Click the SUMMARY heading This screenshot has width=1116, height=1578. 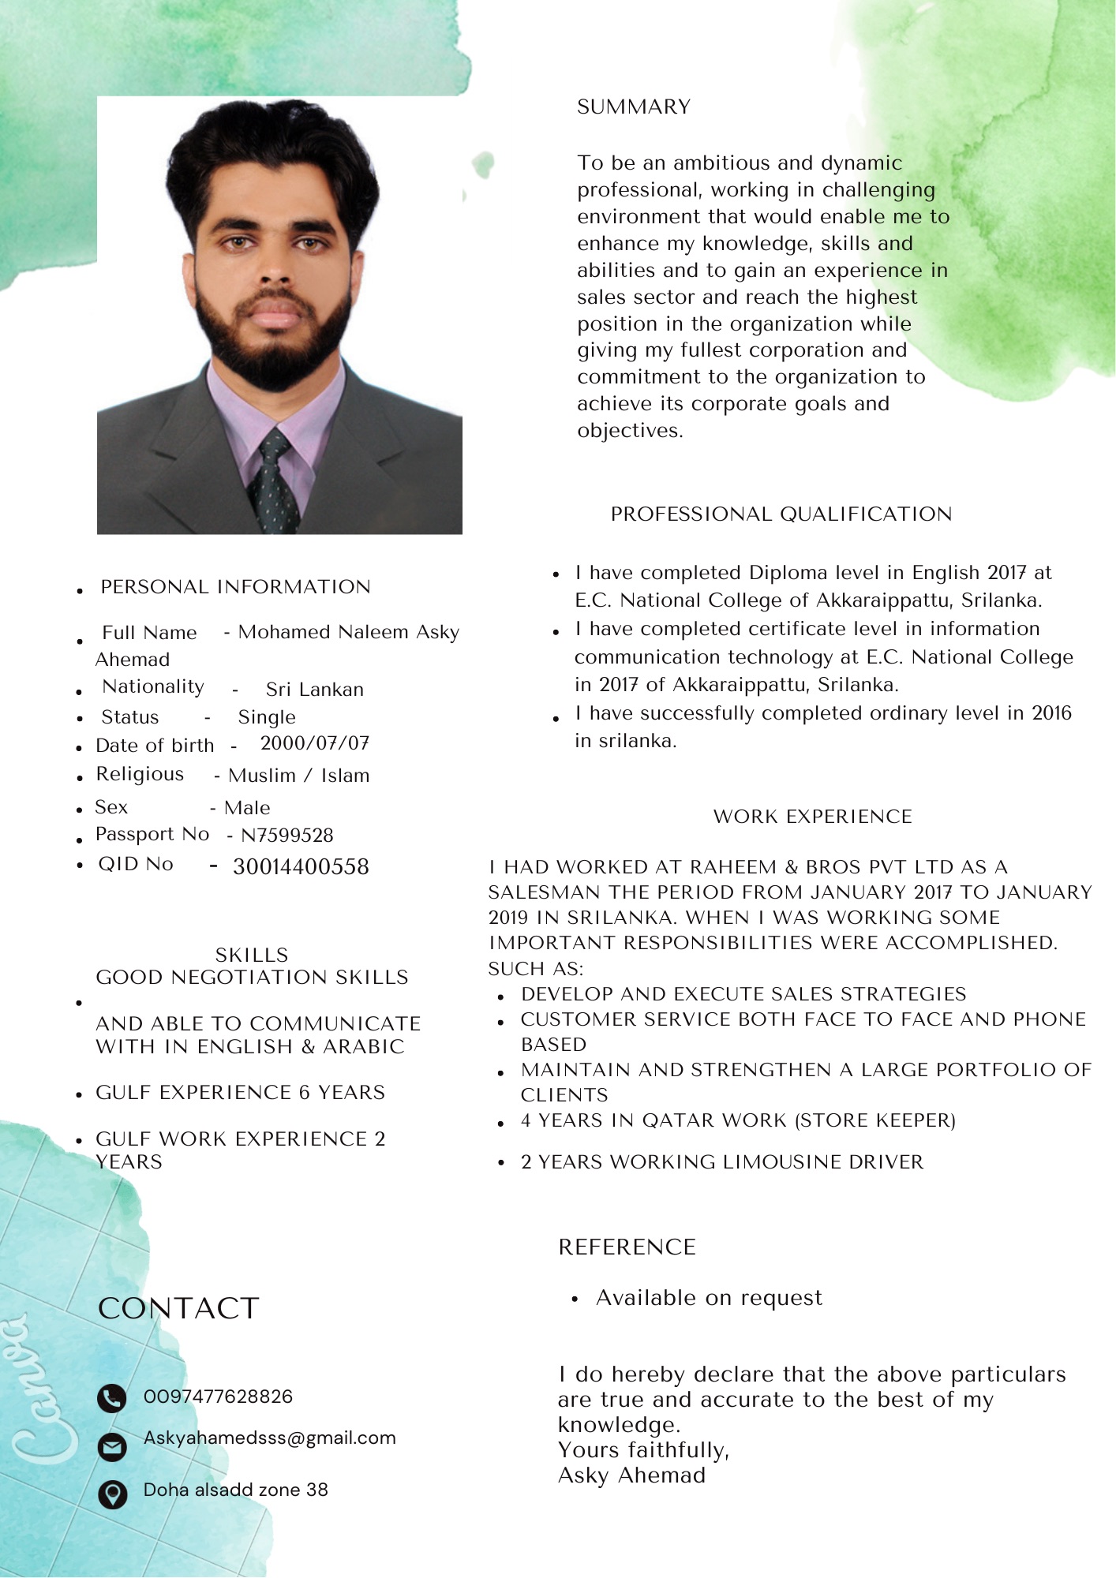(633, 107)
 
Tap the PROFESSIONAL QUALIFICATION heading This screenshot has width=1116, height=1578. (781, 514)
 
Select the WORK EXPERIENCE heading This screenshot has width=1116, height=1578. (812, 816)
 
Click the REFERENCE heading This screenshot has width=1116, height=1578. (627, 1247)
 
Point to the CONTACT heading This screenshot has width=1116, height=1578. (178, 1308)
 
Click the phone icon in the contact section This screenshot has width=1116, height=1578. (112, 1398)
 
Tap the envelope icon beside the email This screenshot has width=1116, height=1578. (112, 1446)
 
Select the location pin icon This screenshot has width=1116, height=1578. (112, 1494)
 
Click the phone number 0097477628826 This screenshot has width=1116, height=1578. (218, 1397)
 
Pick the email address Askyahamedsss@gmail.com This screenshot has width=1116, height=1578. (269, 1438)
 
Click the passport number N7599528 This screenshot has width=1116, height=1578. (287, 835)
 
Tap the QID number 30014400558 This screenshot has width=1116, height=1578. (301, 866)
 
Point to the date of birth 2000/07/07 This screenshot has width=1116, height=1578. (314, 743)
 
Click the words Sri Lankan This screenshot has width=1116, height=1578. (314, 690)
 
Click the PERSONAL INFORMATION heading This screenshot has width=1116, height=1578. (235, 587)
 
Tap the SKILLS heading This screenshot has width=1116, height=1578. (252, 955)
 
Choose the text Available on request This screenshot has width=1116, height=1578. (709, 1298)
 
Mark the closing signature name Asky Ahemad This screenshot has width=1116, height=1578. (631, 1475)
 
